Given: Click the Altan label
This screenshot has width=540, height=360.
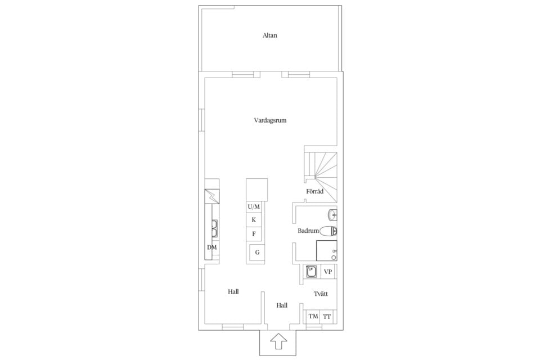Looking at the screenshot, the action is pyautogui.click(x=269, y=35).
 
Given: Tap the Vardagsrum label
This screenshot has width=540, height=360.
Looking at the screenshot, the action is pyautogui.click(x=271, y=120).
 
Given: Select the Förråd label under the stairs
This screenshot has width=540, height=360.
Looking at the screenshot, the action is pyautogui.click(x=315, y=191).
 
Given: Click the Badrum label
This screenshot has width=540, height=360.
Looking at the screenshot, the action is pyautogui.click(x=308, y=231).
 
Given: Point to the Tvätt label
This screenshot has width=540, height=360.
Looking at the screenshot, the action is pyautogui.click(x=321, y=294).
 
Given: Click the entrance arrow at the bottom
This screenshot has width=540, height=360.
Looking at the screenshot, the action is pyautogui.click(x=278, y=342).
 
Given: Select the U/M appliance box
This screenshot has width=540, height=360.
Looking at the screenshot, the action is pyautogui.click(x=254, y=206).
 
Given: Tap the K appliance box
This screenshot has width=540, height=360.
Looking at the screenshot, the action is pyautogui.click(x=254, y=220).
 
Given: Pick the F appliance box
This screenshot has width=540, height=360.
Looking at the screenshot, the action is pyautogui.click(x=254, y=234).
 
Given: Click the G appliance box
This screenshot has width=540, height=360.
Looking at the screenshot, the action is pyautogui.click(x=257, y=253).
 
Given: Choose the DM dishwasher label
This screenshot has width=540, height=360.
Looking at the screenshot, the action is pyautogui.click(x=212, y=247).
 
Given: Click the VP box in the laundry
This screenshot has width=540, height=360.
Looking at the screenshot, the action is pyautogui.click(x=328, y=272).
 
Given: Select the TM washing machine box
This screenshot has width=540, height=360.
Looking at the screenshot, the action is pyautogui.click(x=313, y=316).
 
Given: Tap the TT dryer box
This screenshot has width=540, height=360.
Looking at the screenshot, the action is pyautogui.click(x=327, y=316).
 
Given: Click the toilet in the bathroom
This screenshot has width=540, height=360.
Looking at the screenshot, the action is pyautogui.click(x=328, y=231).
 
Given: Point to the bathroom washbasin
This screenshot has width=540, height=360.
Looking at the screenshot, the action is pyautogui.click(x=332, y=215).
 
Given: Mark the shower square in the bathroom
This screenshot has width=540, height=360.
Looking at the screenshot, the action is pyautogui.click(x=327, y=250).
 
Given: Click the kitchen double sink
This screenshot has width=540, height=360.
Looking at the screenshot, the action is pyautogui.click(x=214, y=228).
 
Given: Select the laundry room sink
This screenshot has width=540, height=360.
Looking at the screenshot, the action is pyautogui.click(x=312, y=272).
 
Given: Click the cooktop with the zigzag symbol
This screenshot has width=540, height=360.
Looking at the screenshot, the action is pyautogui.click(x=212, y=197).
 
